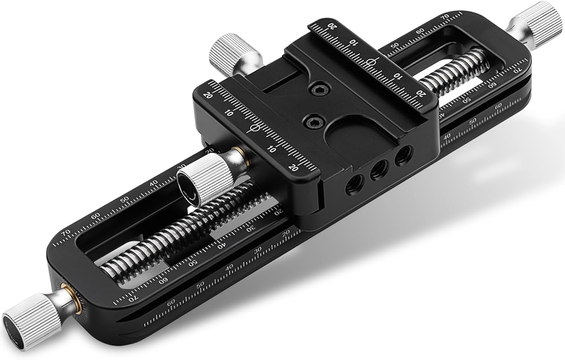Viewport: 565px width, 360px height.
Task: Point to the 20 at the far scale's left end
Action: pos(331,26)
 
